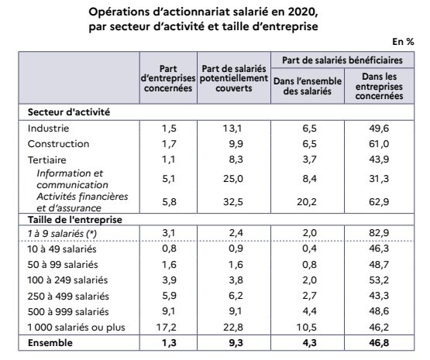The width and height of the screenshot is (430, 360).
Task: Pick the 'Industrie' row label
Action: coord(48,128)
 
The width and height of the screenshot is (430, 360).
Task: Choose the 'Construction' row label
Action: coord(58,144)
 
